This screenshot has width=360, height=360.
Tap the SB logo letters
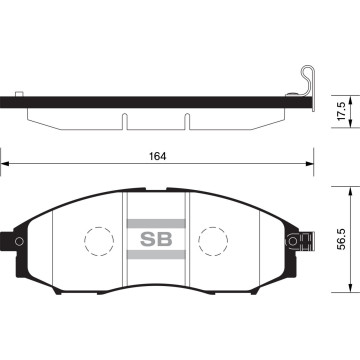(156, 269)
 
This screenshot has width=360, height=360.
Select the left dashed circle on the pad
(98, 269)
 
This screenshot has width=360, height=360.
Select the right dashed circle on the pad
(214, 269)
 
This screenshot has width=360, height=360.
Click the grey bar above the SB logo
(156, 249)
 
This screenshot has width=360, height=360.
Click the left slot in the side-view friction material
(124, 121)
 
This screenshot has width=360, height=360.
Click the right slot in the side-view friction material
(187, 121)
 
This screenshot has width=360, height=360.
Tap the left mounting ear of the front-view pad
(9, 268)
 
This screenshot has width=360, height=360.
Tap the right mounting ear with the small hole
(296, 268)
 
